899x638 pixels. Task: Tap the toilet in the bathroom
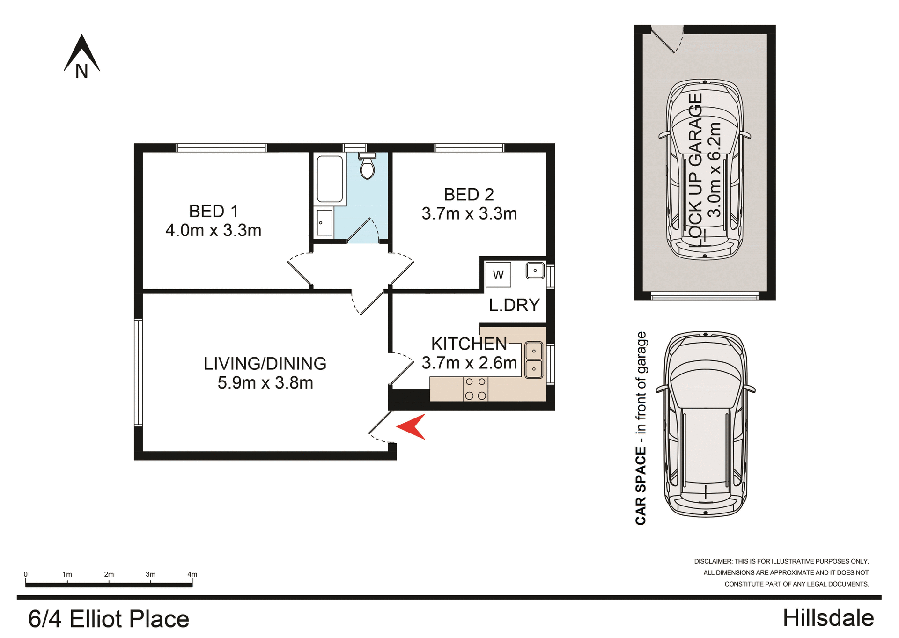point(367,167)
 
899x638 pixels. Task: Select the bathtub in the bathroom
point(330,179)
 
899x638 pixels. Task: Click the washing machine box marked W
point(498,275)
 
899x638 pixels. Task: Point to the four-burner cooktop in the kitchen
point(475,389)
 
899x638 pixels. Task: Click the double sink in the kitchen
point(534,360)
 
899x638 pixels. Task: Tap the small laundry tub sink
point(535,271)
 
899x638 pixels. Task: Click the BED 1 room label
point(214,212)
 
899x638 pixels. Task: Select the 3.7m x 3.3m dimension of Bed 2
point(469,214)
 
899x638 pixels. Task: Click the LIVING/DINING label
point(265,364)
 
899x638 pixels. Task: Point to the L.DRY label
point(514,305)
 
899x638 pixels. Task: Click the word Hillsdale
point(828,618)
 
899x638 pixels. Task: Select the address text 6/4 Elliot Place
point(109,619)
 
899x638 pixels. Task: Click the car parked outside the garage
point(705,424)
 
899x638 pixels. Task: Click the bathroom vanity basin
point(324,222)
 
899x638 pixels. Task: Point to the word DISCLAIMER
point(713,561)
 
